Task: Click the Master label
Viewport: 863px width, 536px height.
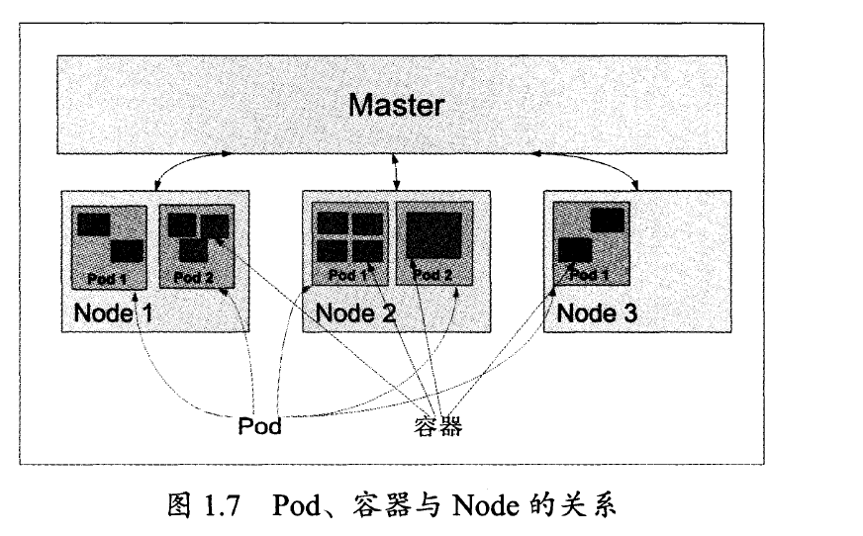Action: tap(396, 105)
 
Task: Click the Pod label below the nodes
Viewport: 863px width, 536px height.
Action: tap(260, 426)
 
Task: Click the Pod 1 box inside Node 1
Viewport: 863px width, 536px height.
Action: tap(109, 247)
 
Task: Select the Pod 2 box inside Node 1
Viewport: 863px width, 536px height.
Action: tap(195, 247)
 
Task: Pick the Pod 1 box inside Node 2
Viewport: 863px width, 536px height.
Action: tap(349, 244)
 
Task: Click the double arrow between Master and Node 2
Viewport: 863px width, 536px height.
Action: tap(397, 170)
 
